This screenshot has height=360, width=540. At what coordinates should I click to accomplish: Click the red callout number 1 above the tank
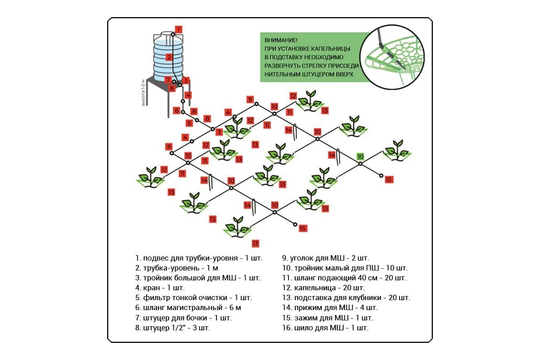[x=179, y=30]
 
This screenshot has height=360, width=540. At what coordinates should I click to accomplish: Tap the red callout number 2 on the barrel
[x=169, y=57]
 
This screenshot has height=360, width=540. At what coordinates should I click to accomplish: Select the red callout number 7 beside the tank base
[x=167, y=80]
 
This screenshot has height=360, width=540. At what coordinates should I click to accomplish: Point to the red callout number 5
[x=189, y=123]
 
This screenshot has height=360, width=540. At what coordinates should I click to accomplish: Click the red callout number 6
[x=177, y=110]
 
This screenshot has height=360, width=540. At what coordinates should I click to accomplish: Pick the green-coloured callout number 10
[x=360, y=157]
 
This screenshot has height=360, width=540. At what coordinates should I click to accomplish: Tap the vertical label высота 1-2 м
[x=144, y=93]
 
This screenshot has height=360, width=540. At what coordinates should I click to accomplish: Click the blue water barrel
[x=168, y=56]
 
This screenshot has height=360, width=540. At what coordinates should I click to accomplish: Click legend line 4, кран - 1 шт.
[x=160, y=288]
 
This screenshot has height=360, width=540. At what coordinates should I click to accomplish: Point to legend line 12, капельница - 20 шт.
[x=323, y=288]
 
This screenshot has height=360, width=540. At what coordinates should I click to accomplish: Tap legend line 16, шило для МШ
[x=325, y=328]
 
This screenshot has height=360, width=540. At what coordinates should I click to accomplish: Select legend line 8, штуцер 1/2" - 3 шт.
[x=172, y=328]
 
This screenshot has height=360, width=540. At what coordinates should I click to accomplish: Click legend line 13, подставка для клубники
[x=346, y=297]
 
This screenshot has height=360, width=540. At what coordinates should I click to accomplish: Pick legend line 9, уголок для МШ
[x=325, y=258]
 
